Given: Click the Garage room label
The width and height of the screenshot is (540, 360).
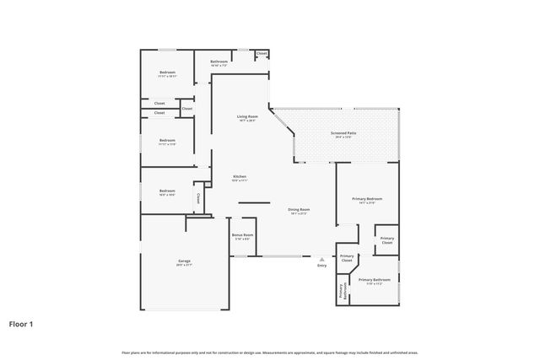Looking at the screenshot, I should pyautogui.click(x=184, y=261).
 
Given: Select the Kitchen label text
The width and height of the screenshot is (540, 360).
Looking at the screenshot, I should pyautogui.click(x=240, y=176).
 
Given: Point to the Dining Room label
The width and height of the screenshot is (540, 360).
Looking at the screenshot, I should pyautogui.click(x=299, y=209).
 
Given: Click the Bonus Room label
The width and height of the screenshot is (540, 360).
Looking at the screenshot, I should pyautogui.click(x=243, y=235).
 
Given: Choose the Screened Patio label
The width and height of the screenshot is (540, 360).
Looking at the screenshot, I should pyautogui.click(x=343, y=133).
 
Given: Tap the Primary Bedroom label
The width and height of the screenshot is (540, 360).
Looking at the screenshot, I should pyautogui.click(x=367, y=199).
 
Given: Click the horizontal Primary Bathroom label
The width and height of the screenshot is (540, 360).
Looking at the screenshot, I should pyautogui.click(x=375, y=279).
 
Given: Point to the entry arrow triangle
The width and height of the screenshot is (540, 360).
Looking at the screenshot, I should pyautogui.click(x=321, y=260).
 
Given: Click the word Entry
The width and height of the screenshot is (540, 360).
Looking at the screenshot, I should pyautogui.click(x=321, y=266).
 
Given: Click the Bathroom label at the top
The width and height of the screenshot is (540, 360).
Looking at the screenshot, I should pyautogui.click(x=219, y=62).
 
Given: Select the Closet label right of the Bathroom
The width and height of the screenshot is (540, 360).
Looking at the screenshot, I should pyautogui.click(x=262, y=54).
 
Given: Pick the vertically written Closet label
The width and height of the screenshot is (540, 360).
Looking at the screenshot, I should pyautogui.click(x=198, y=199).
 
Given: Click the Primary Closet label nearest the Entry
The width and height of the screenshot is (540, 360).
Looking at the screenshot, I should pyautogui.click(x=347, y=259).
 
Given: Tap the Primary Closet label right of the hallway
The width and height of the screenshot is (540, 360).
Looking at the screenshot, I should pyautogui.click(x=386, y=240).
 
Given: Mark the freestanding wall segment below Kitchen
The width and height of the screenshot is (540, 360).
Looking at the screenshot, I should pyautogui.click(x=253, y=202).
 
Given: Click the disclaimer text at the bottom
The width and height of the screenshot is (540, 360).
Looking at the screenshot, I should pyautogui.click(x=270, y=352).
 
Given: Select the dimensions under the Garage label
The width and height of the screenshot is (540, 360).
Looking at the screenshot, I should pyautogui.click(x=184, y=266).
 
